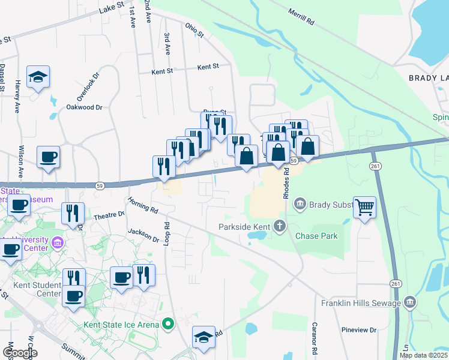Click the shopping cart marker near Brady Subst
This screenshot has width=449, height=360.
pos(364,208)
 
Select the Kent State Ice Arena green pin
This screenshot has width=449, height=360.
pos(169,325)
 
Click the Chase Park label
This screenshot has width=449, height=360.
pos(316,236)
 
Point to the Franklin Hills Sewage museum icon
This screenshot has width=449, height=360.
pos(410,301)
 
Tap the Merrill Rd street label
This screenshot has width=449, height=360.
pos(301,16)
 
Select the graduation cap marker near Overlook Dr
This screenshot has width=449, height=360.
pos(38,77)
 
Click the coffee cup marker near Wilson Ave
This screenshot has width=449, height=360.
pos(48,157)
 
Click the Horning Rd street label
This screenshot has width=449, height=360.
pos(142,206)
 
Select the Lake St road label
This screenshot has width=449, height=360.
pos(111,7)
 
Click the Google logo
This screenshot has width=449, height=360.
pos(20,353)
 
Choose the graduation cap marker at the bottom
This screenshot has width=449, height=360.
pos(203,337)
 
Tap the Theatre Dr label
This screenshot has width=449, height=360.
pos(109,214)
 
